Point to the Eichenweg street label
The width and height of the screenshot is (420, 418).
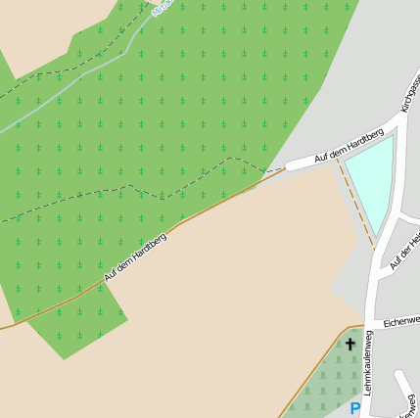click(x=400, y=320)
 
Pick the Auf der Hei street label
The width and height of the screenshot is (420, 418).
click(x=405, y=251)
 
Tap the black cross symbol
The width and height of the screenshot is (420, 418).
click(x=350, y=344)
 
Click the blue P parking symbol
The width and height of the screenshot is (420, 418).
click(x=354, y=408)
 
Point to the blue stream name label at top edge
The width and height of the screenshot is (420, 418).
click(x=163, y=5)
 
